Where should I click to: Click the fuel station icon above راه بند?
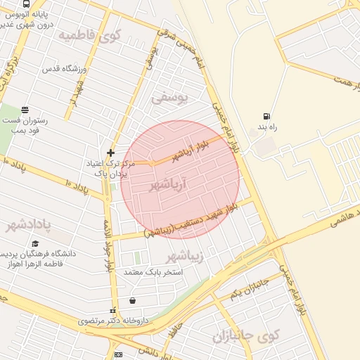click(x=266, y=117)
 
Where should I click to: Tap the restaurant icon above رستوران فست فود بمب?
click(x=25, y=110)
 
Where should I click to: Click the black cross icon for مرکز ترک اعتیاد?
click(x=110, y=153)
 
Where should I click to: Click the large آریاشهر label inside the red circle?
click(x=171, y=185)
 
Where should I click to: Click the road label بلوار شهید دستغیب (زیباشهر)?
click(x=191, y=220)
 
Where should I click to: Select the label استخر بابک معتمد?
click(x=153, y=271)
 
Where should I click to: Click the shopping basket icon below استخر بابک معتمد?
click(x=133, y=300)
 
